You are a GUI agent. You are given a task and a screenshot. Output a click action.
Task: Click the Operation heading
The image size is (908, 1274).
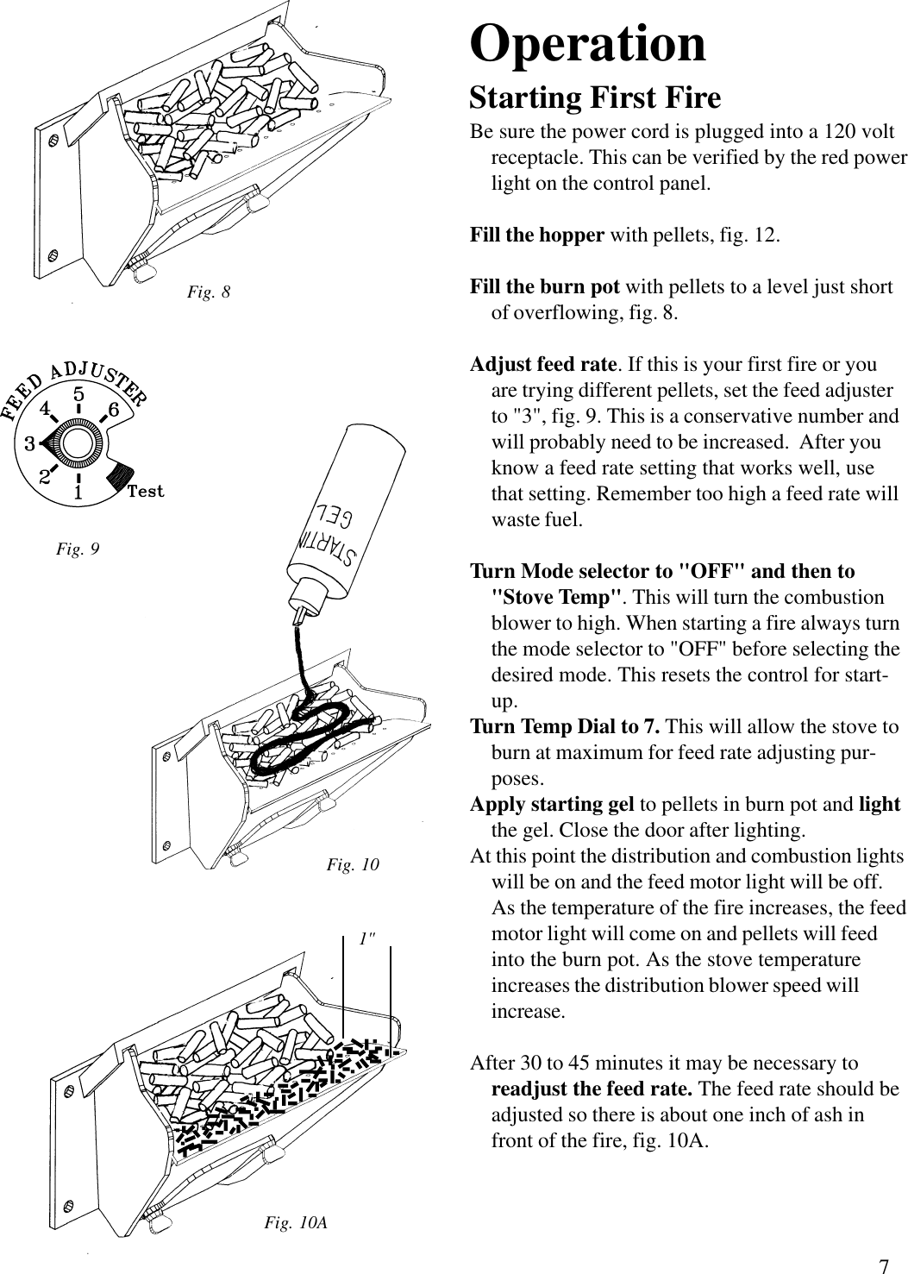click(x=587, y=44)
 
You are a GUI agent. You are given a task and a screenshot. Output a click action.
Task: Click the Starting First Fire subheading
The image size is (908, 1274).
click(x=594, y=97)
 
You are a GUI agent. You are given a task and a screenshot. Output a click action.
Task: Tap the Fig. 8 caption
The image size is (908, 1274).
click(x=209, y=292)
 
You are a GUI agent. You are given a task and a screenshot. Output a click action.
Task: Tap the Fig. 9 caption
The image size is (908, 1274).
click(x=78, y=548)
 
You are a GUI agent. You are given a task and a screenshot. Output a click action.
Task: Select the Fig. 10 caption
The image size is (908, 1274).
click(x=353, y=864)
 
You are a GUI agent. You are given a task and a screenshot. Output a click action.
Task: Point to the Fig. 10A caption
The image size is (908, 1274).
click(x=295, y=1222)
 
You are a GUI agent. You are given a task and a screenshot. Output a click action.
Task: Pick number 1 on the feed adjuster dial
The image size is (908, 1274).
click(x=78, y=494)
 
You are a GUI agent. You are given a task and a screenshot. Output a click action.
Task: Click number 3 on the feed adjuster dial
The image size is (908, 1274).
click(x=28, y=445)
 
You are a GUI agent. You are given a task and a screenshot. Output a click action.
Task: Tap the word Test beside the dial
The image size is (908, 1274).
click(x=145, y=492)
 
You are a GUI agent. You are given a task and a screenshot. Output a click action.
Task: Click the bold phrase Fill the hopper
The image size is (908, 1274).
click(x=536, y=235)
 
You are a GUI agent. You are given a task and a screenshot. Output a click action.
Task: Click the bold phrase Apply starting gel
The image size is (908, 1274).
click(x=552, y=804)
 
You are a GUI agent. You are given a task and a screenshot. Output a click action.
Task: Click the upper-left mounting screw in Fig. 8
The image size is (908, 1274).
click(x=53, y=138)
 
